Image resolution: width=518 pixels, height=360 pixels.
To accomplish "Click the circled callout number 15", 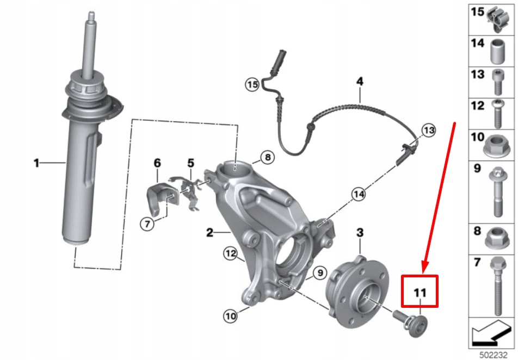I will click(251, 85).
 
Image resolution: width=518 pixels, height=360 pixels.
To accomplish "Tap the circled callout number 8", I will click(267, 158).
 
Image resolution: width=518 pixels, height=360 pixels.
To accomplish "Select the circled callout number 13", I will click(429, 130).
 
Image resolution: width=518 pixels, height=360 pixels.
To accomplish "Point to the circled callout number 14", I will click(358, 193).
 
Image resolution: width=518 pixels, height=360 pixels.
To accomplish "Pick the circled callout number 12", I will click(231, 253).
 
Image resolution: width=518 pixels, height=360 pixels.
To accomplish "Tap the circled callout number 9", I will click(318, 272).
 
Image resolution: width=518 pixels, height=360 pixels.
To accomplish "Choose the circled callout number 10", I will click(230, 314).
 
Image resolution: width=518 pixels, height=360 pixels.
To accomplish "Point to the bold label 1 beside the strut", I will click(36, 162).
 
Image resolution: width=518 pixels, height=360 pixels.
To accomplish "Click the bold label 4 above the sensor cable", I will click(359, 82).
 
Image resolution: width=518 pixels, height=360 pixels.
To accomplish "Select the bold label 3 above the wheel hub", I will click(359, 233).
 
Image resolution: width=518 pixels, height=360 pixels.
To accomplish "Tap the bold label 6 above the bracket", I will click(157, 163).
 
